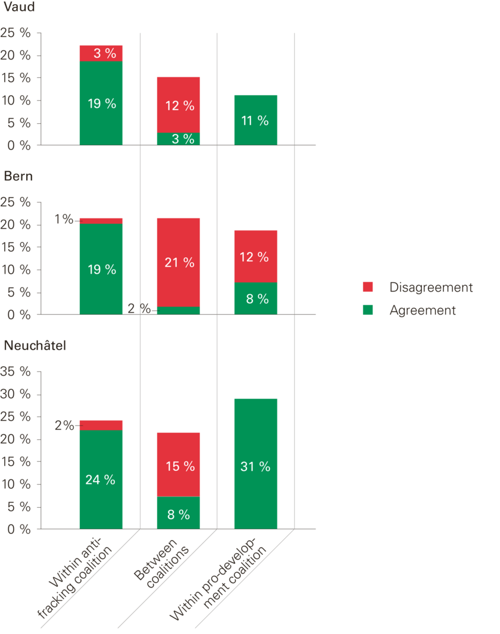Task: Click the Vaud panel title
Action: pyautogui.click(x=18, y=8)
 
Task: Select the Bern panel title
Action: pyautogui.click(x=18, y=177)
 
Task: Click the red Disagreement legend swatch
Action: pyautogui.click(x=368, y=287)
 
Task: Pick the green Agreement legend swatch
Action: pyautogui.click(x=368, y=310)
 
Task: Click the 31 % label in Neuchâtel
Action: pyautogui.click(x=256, y=467)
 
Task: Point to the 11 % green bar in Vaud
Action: pyautogui.click(x=256, y=120)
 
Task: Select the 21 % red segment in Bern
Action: pyautogui.click(x=179, y=262)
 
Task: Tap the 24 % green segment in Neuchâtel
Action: pyautogui.click(x=101, y=479)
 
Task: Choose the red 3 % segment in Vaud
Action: pyautogui.click(x=101, y=53)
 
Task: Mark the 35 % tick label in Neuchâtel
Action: pyautogui.click(x=17, y=372)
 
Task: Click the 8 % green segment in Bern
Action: pyautogui.click(x=256, y=298)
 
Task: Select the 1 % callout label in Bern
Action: pyautogui.click(x=63, y=219)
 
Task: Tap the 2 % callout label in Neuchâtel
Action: pyautogui.click(x=63, y=425)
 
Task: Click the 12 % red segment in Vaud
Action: pyautogui.click(x=179, y=105)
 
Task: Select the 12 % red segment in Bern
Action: pyautogui.click(x=256, y=256)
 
